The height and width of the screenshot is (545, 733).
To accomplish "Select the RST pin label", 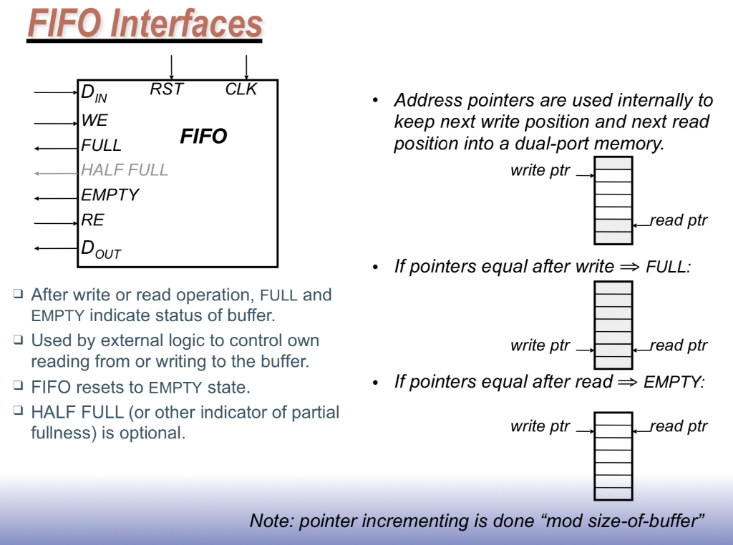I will coord(167,89).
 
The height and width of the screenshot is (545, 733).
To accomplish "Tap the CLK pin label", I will coord(241,89).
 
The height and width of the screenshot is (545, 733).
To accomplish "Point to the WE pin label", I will coord(94,121).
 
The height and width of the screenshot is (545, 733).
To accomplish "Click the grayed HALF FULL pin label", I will coord(125,170).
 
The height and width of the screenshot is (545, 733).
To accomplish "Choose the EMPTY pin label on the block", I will coord(110,195).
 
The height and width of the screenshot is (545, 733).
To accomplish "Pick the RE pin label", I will coord(92,220).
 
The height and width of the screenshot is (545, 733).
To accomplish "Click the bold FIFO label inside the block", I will coord(203,137).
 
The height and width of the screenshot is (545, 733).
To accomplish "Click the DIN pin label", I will coord(94,93).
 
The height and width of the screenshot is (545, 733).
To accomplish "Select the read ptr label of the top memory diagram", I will coord(679,221).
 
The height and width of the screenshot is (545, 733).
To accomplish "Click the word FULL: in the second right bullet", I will coord(668,268).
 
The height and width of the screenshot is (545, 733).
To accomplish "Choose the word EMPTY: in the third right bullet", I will coord(674,383).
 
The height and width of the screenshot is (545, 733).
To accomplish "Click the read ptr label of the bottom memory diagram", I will coord(679,427).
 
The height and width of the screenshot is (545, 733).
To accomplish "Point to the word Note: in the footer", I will coord(271,521).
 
